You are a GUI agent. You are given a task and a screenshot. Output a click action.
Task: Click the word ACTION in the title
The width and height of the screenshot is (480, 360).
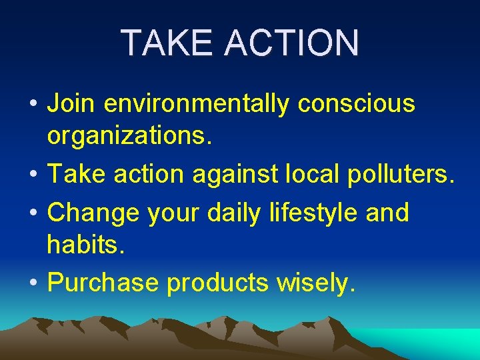[x=292, y=43]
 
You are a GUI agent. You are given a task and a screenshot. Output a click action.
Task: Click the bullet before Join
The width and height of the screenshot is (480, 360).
[x=33, y=105]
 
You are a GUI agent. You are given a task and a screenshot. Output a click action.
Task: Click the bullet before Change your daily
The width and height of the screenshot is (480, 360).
[x=33, y=213]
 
